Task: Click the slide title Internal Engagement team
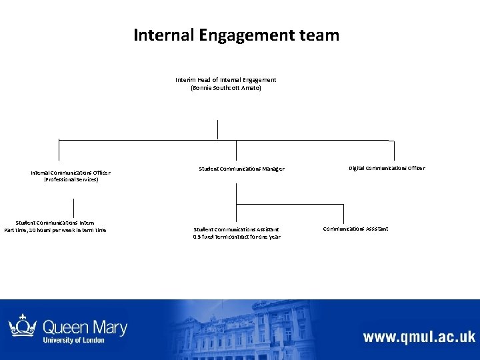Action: tap(236, 35)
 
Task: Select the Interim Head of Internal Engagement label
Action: tap(226, 79)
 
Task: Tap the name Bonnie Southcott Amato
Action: tap(226, 88)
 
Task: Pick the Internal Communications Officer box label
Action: tap(71, 173)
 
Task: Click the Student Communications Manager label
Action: tap(241, 169)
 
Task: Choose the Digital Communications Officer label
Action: tap(387, 168)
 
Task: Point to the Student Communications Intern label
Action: tap(55, 223)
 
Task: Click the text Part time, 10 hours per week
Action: tap(55, 231)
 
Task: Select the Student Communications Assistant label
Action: tap(237, 229)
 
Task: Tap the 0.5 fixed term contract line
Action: tap(237, 237)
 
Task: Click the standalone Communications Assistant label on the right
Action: tap(355, 229)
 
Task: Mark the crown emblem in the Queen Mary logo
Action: tap(22, 326)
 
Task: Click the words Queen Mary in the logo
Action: tap(85, 327)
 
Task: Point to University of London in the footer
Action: tap(74, 340)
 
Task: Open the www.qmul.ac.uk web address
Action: tap(419, 336)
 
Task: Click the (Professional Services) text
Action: tap(71, 180)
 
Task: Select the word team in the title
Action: tap(317, 35)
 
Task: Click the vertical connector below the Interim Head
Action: tap(217, 129)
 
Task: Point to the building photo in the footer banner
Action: tap(267, 330)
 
